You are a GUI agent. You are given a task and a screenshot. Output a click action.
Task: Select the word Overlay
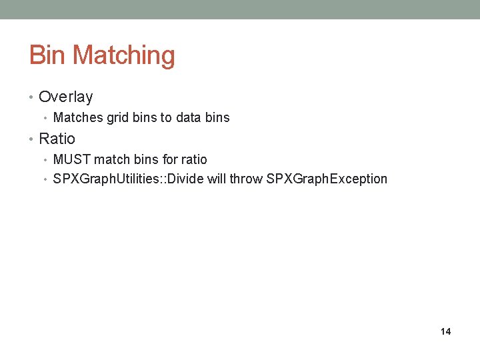coord(66,97)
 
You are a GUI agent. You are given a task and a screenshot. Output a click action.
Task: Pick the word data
coord(190,118)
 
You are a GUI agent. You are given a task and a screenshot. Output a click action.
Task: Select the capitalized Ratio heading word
coord(57,139)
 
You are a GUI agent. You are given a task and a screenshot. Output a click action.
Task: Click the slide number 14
coord(445,331)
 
